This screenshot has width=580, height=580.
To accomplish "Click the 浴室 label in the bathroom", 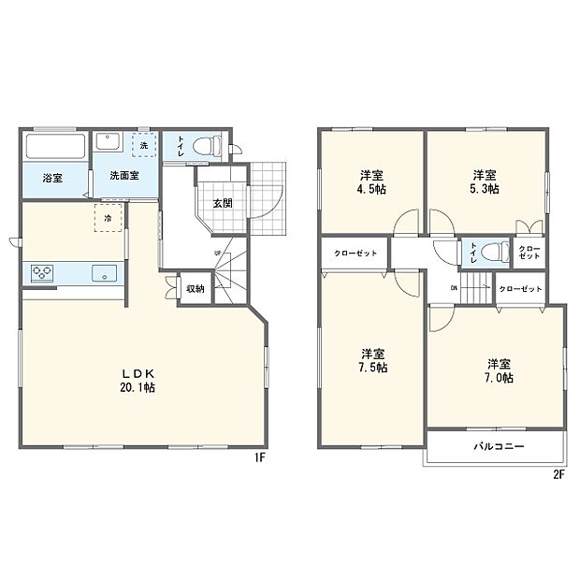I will coord(51,178).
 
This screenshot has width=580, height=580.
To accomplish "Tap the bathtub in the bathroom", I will coord(55,147).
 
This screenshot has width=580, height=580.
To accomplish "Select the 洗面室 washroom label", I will coord(124,175).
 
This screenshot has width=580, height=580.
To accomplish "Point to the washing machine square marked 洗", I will coord(144,145).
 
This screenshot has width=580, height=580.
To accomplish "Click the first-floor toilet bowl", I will coord(212,146).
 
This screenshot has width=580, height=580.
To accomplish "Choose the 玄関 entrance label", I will coord(222,203).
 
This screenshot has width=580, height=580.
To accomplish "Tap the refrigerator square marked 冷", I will coord(109,219).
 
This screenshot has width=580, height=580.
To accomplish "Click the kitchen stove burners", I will coord(43,273).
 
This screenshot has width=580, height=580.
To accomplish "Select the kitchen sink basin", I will coord(105,273).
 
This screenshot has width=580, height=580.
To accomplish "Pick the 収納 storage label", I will coord(195,289).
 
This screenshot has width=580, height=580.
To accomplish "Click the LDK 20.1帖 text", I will coord(137,379).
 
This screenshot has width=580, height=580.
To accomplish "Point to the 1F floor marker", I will coord(261,458).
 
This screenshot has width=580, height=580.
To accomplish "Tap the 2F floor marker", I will coord(559,473).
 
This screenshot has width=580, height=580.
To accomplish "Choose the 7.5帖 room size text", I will coord(373,368).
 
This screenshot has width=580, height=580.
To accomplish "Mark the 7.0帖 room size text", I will coord(499,378).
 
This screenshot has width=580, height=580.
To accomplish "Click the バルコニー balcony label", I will coord(498,446).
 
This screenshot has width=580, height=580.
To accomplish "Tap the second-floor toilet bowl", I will coord(496,252).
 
